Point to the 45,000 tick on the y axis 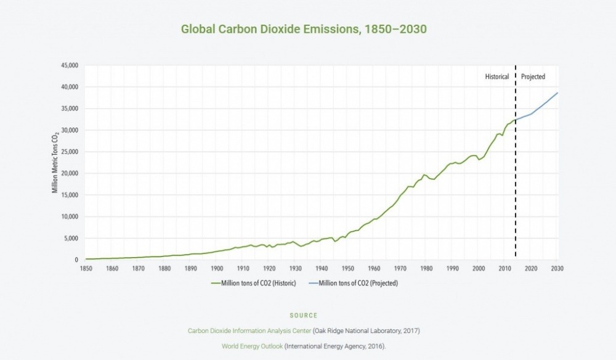pyautogui.click(x=69, y=65)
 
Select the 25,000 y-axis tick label pyautogui.click(x=69, y=152)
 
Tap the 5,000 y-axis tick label pyautogui.click(x=71, y=238)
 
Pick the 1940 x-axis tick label pyautogui.click(x=322, y=268)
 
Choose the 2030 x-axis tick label pyautogui.click(x=557, y=268)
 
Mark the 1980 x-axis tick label pyautogui.click(x=426, y=268)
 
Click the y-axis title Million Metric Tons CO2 pyautogui.click(x=55, y=162)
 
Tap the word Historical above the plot pyautogui.click(x=496, y=77)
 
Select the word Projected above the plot pyautogui.click(x=533, y=77)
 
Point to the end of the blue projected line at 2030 pyautogui.click(x=557, y=93)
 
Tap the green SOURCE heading pyautogui.click(x=303, y=316)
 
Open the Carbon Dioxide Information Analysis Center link pyautogui.click(x=249, y=331)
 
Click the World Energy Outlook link pyautogui.click(x=252, y=346)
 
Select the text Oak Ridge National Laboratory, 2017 pyautogui.click(x=367, y=331)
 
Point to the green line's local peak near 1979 pyautogui.click(x=424, y=174)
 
